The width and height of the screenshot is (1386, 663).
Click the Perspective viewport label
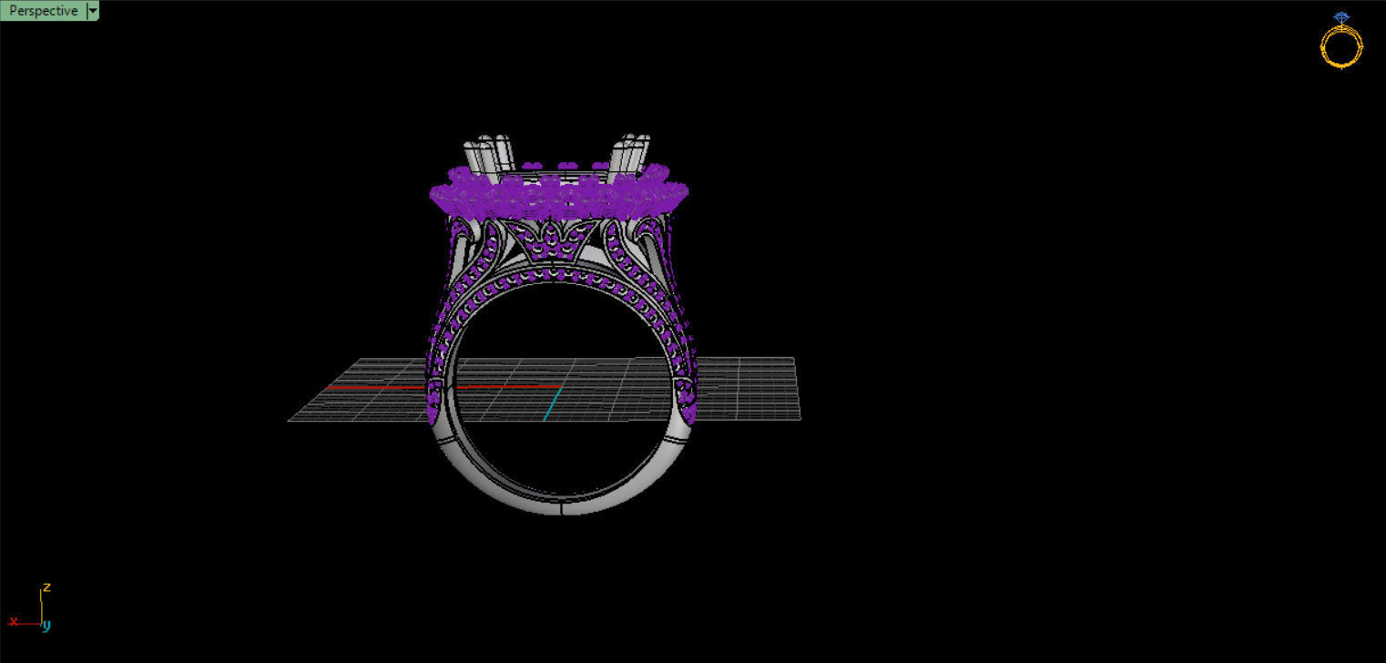[x=43, y=11]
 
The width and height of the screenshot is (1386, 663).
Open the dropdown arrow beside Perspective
[x=92, y=11]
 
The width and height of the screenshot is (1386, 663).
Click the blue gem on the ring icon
[x=1341, y=17]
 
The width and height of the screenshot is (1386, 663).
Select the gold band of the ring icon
[x=1341, y=48]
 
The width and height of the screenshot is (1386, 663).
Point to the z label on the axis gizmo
[x=46, y=587]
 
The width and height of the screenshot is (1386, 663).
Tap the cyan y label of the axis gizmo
[x=46, y=626]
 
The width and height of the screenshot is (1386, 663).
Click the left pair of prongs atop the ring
[x=490, y=155]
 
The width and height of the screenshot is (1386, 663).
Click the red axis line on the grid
[x=373, y=387]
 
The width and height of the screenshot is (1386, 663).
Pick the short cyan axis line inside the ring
[x=551, y=403]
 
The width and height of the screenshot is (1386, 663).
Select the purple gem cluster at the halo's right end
[x=675, y=194]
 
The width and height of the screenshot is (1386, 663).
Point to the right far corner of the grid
[x=794, y=359]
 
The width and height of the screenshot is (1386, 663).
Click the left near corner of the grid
[x=290, y=420]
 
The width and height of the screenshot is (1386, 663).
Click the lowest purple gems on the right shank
[x=689, y=412]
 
